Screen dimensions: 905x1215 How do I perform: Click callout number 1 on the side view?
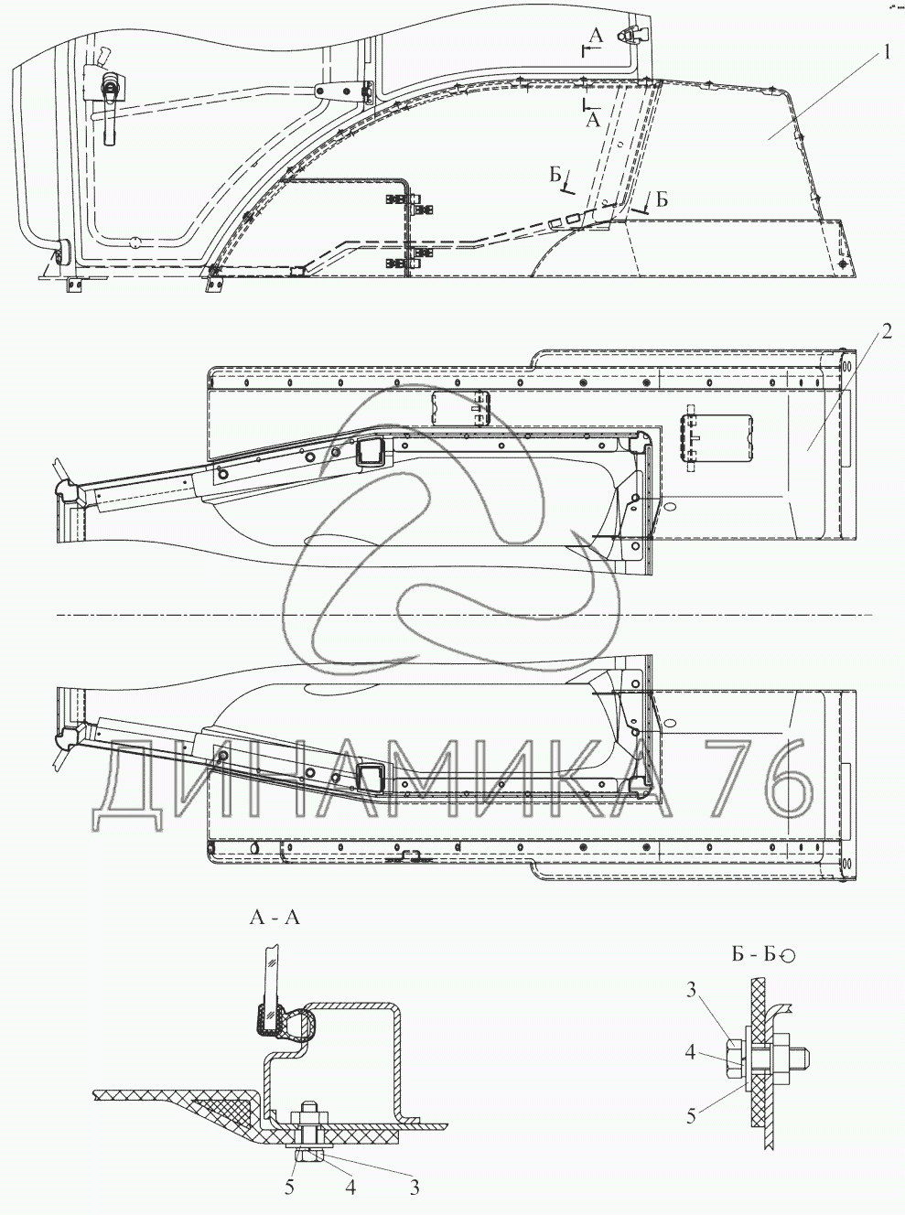tap(884, 53)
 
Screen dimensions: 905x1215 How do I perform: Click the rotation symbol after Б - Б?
tap(788, 956)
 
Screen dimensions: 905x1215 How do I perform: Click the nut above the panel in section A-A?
tap(302, 1115)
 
